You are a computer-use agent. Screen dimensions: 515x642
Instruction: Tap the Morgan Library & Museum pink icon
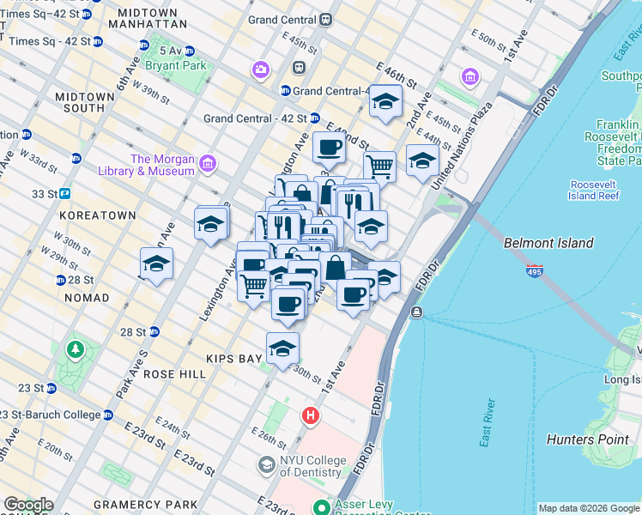pos(207,163)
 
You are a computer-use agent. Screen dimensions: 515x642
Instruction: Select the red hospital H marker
pos(310,416)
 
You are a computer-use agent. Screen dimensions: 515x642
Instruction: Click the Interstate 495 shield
pos(534,270)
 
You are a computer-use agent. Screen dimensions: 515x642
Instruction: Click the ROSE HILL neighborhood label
pos(175,374)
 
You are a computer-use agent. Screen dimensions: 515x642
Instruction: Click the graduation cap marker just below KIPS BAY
pos(282,349)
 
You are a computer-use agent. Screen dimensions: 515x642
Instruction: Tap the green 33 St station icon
pos(64,194)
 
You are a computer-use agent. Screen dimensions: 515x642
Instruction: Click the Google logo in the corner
pos(27,505)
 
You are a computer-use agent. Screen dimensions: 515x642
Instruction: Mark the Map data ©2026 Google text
pos(588,508)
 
